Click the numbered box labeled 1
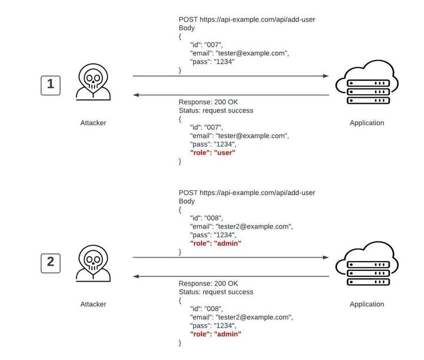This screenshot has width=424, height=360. (51, 85)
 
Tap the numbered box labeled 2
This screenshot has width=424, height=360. (51, 262)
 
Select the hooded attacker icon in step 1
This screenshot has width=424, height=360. (93, 84)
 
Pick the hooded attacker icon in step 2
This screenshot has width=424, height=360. (93, 265)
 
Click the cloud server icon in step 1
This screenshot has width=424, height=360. (366, 86)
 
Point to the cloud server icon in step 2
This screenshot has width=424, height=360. (366, 267)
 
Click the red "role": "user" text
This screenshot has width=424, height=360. (213, 153)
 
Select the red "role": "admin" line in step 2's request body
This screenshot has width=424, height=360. (216, 243)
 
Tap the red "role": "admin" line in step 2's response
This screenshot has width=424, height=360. (216, 334)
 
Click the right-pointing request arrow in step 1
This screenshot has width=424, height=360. (230, 76)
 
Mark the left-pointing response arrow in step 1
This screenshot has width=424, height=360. (230, 95)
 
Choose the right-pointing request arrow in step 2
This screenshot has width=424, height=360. (230, 257)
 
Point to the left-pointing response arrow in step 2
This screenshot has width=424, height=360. (230, 276)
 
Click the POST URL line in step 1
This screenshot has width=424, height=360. (247, 19)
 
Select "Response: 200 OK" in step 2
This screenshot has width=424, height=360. (208, 283)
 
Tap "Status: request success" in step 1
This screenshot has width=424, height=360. (216, 111)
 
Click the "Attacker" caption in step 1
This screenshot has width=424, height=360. (93, 123)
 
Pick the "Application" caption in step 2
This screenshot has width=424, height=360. (366, 305)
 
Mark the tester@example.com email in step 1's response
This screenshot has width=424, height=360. (239, 136)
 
